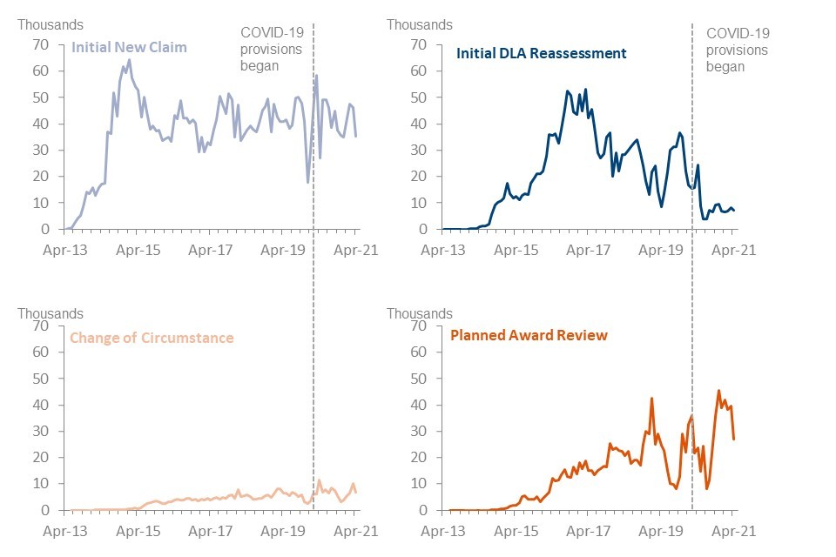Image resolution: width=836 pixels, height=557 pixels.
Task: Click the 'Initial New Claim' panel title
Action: (x=130, y=46)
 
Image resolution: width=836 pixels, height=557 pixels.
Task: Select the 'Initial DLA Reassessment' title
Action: (x=541, y=53)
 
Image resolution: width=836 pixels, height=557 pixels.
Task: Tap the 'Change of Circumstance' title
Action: (x=152, y=337)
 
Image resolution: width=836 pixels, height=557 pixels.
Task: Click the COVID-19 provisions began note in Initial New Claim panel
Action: (x=272, y=49)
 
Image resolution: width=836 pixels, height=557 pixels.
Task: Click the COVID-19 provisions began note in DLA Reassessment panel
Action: (x=737, y=49)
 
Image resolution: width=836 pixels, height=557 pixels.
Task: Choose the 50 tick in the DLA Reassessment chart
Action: (x=420, y=97)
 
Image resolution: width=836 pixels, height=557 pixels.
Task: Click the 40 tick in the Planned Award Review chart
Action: (x=420, y=405)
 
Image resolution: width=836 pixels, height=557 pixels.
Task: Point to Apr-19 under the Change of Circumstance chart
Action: (x=284, y=530)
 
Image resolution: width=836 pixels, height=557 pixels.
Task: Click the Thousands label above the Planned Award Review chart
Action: (x=420, y=313)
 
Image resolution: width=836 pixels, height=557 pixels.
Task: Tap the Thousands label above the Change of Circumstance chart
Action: (x=51, y=313)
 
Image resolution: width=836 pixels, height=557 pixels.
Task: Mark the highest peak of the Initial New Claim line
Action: (x=129, y=60)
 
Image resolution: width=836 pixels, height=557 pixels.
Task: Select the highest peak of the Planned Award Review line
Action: (x=718, y=391)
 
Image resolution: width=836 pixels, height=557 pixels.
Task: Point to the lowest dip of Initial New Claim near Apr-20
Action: (x=307, y=182)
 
